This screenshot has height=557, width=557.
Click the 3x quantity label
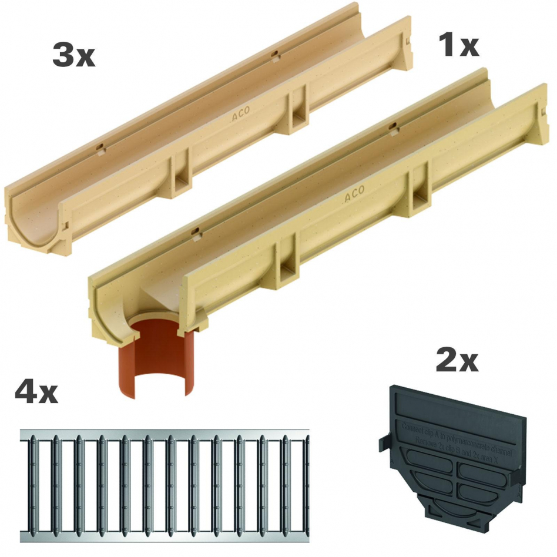click(73, 55)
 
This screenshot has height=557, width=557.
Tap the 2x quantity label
click(457, 360)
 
